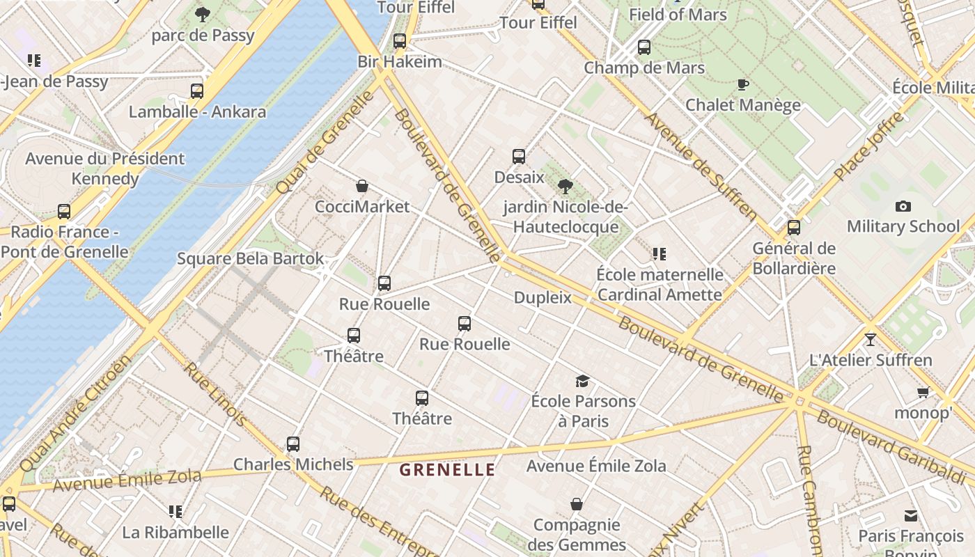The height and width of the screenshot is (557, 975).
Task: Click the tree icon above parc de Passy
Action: [203, 14]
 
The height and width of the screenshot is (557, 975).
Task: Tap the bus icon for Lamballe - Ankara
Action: [197, 91]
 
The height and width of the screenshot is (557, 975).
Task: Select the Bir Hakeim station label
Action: [400, 61]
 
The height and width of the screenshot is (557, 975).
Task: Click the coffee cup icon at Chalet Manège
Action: [743, 84]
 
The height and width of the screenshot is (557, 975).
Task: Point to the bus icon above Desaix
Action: [519, 157]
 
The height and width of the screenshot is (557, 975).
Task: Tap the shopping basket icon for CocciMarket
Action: [362, 186]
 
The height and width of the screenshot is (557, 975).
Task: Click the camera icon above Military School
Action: [903, 206]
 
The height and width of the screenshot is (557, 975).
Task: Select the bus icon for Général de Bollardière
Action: [794, 228]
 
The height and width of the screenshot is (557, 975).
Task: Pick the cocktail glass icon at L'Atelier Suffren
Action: [870, 340]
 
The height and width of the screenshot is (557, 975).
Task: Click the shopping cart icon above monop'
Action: [923, 393]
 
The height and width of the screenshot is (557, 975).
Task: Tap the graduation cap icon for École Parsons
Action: [583, 381]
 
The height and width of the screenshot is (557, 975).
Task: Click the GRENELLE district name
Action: [447, 470]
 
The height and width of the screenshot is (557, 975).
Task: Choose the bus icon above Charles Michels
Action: [293, 444]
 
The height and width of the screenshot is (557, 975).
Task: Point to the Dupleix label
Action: [543, 298]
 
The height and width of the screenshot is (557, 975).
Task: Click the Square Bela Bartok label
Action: [251, 259]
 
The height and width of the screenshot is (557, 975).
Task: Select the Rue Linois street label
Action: [215, 394]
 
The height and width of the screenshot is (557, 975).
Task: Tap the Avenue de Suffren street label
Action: [701, 167]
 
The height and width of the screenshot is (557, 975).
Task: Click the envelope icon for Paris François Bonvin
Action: [911, 516]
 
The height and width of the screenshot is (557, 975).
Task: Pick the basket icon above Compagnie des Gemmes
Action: [577, 504]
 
